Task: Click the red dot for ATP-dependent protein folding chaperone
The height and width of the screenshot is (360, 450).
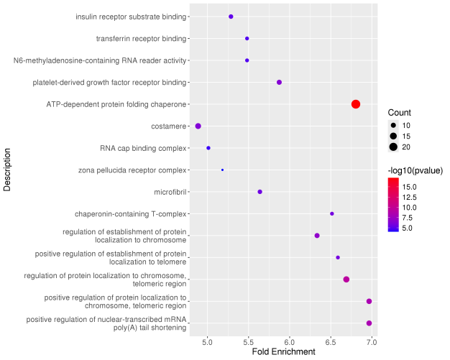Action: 356,104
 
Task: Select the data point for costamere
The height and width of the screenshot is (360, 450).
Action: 198,126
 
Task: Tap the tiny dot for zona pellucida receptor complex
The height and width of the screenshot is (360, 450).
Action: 222,170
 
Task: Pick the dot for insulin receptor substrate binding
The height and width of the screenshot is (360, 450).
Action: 231,17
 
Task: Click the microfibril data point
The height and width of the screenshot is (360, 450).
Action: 260,192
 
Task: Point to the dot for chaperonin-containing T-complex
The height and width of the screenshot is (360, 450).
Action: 332,213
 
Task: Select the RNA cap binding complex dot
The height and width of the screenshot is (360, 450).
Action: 208,148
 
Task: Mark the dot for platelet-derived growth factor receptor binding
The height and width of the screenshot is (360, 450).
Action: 279,83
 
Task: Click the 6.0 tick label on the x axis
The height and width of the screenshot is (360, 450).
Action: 290,342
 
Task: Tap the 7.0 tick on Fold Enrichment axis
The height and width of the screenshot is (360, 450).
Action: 372,342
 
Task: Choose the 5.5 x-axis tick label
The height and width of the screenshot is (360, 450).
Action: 248,342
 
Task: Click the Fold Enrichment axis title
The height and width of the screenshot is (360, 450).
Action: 283,351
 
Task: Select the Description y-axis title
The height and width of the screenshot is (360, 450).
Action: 7,170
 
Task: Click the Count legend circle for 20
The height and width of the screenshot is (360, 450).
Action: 393,147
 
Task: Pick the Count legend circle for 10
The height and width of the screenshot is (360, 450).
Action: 393,125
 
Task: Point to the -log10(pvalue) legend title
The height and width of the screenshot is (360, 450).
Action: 415,171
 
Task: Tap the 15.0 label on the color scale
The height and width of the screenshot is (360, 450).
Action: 409,187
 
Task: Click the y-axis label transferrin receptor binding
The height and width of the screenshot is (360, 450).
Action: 141,38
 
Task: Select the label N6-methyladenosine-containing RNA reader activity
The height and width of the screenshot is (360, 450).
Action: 100,60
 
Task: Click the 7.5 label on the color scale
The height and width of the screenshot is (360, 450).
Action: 408,218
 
